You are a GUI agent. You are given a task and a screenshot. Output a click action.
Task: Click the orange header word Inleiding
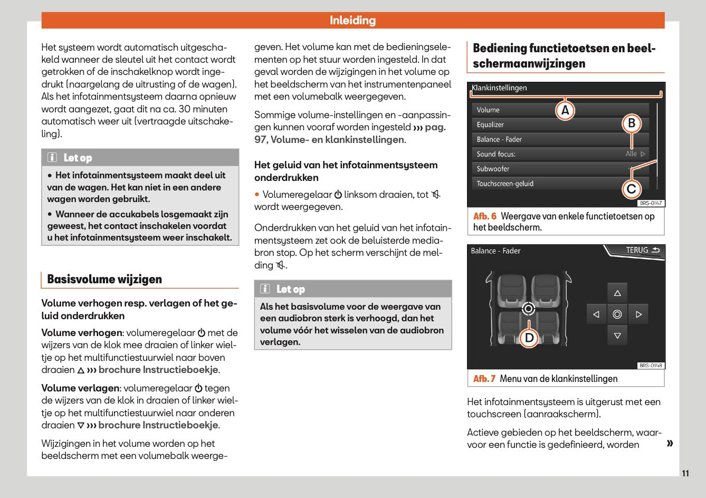pyautogui.click(x=352, y=21)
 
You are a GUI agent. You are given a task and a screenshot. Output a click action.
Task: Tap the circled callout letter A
pyautogui.click(x=565, y=110)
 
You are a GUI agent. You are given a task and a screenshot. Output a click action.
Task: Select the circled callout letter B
pyautogui.click(x=632, y=123)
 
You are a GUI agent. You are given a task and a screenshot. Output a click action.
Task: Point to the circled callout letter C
pyautogui.click(x=632, y=189)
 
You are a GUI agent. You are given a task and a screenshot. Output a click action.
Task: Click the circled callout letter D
pyautogui.click(x=529, y=338)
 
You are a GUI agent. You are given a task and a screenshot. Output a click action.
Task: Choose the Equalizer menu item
pyautogui.click(x=490, y=125)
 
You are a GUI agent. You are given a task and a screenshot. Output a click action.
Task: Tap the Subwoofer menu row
pyautogui.click(x=493, y=169)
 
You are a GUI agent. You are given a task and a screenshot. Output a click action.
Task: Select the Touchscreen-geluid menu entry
pyautogui.click(x=505, y=184)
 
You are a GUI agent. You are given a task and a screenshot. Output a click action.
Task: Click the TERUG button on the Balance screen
pyautogui.click(x=642, y=251)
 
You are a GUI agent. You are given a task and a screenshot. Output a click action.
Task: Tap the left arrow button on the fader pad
pyautogui.click(x=596, y=314)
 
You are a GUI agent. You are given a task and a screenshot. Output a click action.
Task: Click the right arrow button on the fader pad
pyautogui.click(x=638, y=314)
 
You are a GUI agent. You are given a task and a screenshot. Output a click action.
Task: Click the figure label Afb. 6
pyautogui.click(x=484, y=216)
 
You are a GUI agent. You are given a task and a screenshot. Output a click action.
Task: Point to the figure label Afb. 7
pyautogui.click(x=484, y=379)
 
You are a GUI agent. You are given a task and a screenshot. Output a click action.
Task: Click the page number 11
pyautogui.click(x=685, y=473)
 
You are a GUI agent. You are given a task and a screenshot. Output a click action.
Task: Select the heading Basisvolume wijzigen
pyautogui.click(x=104, y=280)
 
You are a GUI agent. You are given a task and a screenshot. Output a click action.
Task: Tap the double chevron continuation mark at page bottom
pyautogui.click(x=670, y=443)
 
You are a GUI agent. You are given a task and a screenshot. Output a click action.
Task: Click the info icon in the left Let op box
pyautogui.click(x=52, y=158)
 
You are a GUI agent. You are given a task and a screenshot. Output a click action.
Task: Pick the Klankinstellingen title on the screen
pyautogui.click(x=499, y=88)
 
